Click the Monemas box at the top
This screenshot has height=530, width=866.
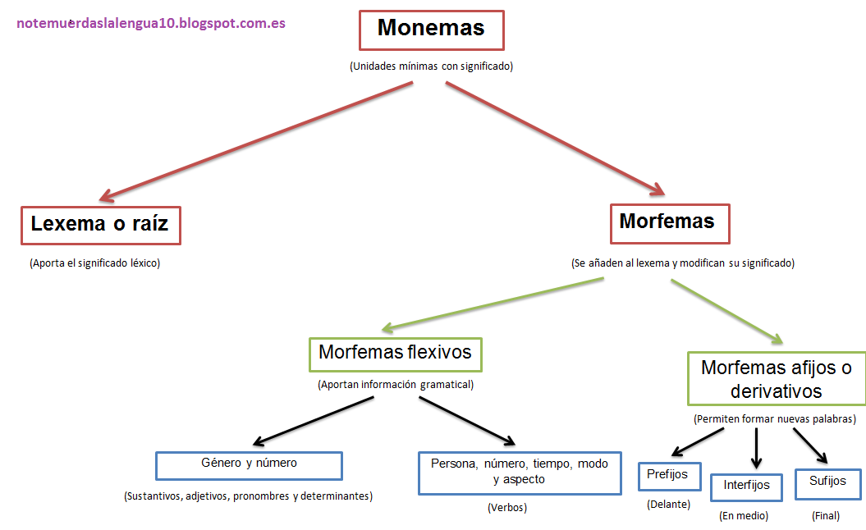(x=431, y=30)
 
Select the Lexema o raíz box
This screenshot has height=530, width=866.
(x=100, y=224)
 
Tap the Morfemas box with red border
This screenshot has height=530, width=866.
(x=670, y=223)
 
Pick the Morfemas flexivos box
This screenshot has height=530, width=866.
(x=395, y=354)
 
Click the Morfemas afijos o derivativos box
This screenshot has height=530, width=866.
(x=777, y=379)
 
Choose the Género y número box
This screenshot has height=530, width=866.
(x=249, y=464)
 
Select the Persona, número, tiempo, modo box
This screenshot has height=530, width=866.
(x=520, y=472)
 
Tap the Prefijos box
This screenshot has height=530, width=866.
(x=667, y=476)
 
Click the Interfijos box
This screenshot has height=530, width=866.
(x=746, y=487)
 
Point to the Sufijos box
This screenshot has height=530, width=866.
(x=827, y=482)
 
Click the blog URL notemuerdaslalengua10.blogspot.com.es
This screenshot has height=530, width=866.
(x=151, y=23)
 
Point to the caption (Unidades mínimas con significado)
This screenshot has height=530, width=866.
(x=431, y=66)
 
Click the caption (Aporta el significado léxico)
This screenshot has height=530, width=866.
(x=94, y=263)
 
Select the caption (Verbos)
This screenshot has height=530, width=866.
(x=506, y=508)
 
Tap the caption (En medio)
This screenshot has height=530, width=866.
(x=744, y=516)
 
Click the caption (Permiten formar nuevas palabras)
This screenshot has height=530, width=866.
(x=775, y=418)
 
